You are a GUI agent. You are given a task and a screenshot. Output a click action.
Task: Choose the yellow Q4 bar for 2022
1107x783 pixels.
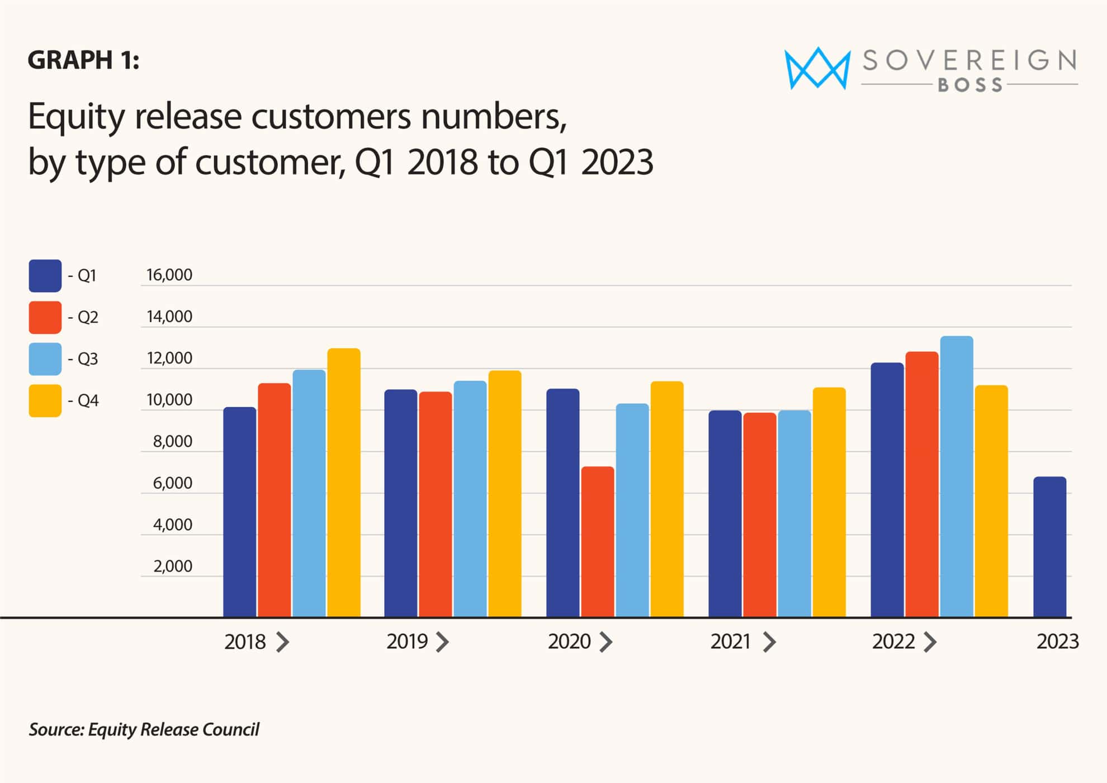coord(991,501)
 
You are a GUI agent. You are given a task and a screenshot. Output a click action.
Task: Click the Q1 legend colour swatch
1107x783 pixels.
coord(45,276)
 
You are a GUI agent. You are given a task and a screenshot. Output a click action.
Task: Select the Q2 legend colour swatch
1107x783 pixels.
coord(45,317)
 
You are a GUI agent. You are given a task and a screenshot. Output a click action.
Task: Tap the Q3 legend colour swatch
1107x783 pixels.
coord(45,359)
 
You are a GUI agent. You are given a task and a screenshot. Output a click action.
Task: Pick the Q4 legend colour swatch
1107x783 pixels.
coord(45,400)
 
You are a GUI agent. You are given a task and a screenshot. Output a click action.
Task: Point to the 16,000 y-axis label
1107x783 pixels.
coord(169,275)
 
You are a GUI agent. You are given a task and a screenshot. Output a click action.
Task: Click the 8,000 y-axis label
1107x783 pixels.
coord(172,441)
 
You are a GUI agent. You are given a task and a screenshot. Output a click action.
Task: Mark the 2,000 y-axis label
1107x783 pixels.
coord(172,566)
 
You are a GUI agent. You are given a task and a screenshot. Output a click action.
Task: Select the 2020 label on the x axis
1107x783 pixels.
coord(569,642)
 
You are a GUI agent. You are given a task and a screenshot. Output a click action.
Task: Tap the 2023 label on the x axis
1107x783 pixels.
coord(1057,642)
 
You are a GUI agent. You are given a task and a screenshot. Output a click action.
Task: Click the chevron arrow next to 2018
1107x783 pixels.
coord(283,642)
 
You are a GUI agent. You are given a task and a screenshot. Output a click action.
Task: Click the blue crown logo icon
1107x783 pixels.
coord(817,68)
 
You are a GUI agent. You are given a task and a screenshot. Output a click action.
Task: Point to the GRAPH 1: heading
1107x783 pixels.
coord(83,60)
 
